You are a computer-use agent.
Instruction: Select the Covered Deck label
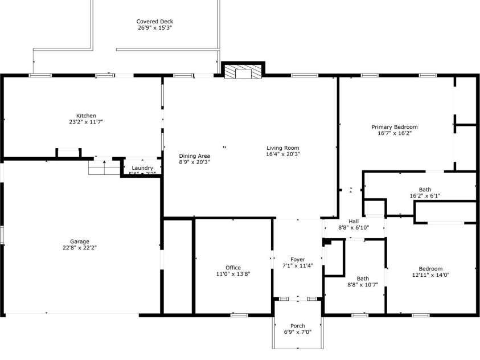pos(154,22)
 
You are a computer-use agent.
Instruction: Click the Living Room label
pos(282,148)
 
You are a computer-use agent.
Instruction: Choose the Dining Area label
pos(194,156)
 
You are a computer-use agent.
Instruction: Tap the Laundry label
pos(142,168)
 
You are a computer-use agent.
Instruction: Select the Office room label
pos(233,267)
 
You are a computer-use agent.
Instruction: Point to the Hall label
pos(354,222)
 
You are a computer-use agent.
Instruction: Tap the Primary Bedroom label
pos(395,127)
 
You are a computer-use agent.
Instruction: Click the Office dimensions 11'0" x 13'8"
pos(233,273)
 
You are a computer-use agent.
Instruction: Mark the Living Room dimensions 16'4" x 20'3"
pos(282,154)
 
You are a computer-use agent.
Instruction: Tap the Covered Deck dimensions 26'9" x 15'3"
pos(154,27)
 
